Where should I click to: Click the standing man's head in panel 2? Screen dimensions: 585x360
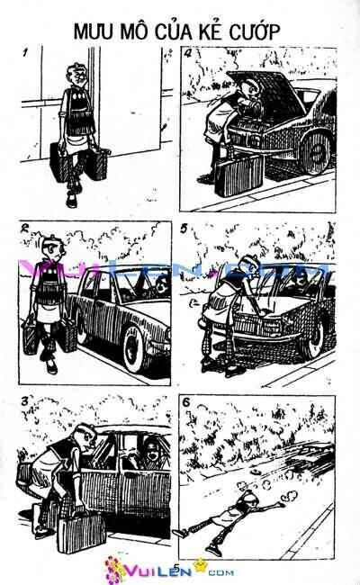tap(50, 248)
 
